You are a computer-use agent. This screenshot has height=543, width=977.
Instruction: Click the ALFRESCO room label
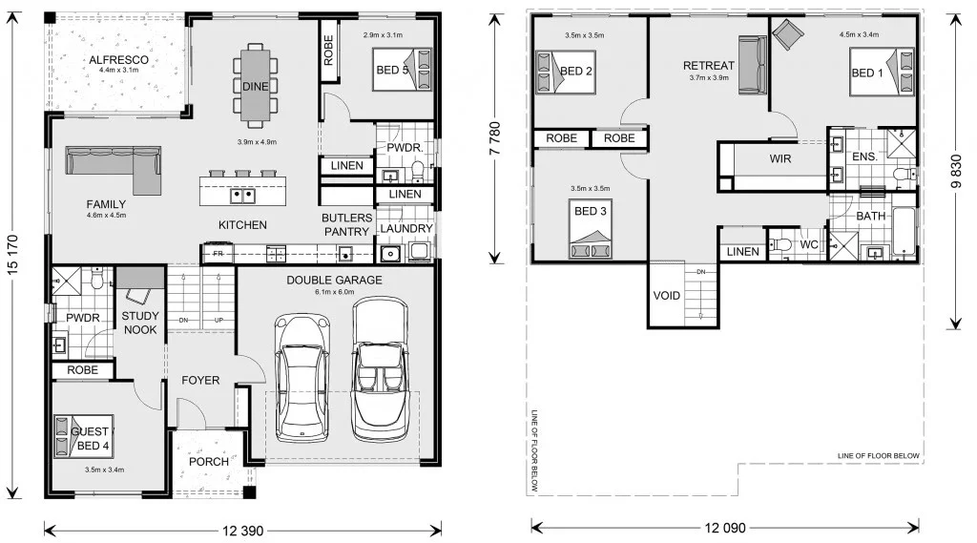tap(118, 60)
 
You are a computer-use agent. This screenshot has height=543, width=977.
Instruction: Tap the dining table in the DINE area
tap(255, 82)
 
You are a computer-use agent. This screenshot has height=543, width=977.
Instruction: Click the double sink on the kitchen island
tap(242, 196)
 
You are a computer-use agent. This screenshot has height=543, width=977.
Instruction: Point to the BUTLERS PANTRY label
tap(347, 224)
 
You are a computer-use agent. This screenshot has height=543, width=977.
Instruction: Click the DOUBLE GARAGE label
tap(334, 280)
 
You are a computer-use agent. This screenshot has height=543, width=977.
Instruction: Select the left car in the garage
tap(302, 378)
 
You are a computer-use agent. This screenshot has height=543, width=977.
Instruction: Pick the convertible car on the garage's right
tap(380, 369)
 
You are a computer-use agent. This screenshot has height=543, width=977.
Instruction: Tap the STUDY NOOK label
tap(140, 323)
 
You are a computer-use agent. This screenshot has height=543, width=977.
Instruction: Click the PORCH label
tap(209, 461)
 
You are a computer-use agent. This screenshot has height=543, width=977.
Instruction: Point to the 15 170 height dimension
tap(12, 255)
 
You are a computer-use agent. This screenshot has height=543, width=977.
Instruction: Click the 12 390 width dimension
tap(243, 532)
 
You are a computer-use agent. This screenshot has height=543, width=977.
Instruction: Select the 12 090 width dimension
tap(725, 528)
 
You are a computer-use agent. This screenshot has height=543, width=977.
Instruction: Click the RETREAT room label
tap(709, 66)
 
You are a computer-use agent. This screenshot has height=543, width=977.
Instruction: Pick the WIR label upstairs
tap(780, 159)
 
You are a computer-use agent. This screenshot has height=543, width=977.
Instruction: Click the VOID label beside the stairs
tap(666, 296)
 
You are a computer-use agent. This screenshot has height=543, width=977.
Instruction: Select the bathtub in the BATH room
tap(903, 231)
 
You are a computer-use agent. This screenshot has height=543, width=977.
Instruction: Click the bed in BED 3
tap(590, 228)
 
